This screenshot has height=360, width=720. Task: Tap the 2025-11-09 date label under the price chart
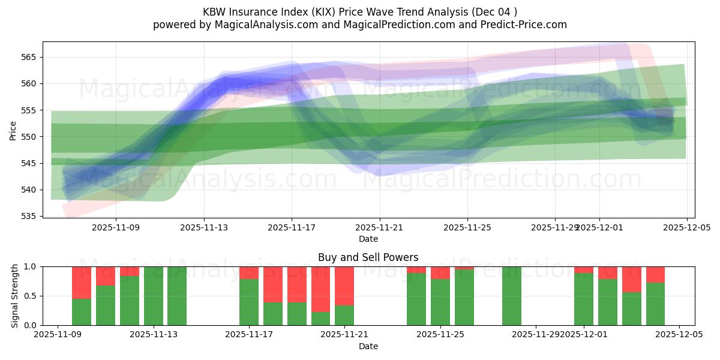[x=116, y=228]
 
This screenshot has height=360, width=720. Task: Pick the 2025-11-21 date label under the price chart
[x=380, y=228]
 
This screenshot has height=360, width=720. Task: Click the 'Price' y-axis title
[x=13, y=130]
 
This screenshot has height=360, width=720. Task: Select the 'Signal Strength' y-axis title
[x=15, y=296]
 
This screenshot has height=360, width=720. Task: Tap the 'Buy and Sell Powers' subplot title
[x=368, y=257]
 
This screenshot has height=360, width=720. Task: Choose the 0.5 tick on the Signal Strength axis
[x=30, y=296]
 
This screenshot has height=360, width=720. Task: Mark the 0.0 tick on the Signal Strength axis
[x=30, y=325]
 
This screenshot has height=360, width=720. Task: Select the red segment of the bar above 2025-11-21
[x=344, y=286]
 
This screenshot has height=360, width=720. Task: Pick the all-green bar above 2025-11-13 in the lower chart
[x=154, y=296]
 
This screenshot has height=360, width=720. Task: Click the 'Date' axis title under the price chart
[x=368, y=239]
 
